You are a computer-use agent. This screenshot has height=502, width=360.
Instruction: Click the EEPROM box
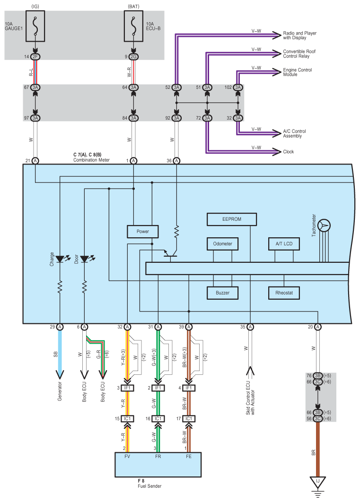(x=232, y=219)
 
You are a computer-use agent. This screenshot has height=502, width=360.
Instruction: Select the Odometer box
(x=223, y=243)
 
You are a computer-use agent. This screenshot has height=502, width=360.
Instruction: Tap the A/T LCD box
(x=284, y=243)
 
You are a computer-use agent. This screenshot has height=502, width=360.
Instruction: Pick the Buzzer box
(x=223, y=293)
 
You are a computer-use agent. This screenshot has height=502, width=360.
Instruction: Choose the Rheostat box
(x=284, y=293)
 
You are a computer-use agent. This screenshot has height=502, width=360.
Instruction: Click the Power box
(x=143, y=232)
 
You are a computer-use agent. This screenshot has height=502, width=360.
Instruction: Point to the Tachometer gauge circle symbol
(x=324, y=225)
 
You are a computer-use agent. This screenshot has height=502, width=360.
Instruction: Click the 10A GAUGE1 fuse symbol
(x=35, y=26)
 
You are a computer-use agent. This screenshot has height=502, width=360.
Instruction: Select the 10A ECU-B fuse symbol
(x=133, y=26)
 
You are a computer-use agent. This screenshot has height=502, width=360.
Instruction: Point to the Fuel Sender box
(x=158, y=465)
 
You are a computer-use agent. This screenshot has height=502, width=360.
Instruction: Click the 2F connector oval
(x=35, y=57)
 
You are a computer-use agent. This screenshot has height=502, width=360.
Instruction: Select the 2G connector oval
(x=133, y=57)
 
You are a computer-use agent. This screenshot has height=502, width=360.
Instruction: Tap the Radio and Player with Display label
(x=299, y=35)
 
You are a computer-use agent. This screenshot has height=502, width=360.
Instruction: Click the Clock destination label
(x=288, y=152)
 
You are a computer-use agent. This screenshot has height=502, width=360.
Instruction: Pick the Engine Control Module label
(x=297, y=72)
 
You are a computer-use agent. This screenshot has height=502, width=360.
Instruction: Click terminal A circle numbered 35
(x=250, y=327)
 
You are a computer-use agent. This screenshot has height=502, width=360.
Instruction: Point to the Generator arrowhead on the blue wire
(x=60, y=374)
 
